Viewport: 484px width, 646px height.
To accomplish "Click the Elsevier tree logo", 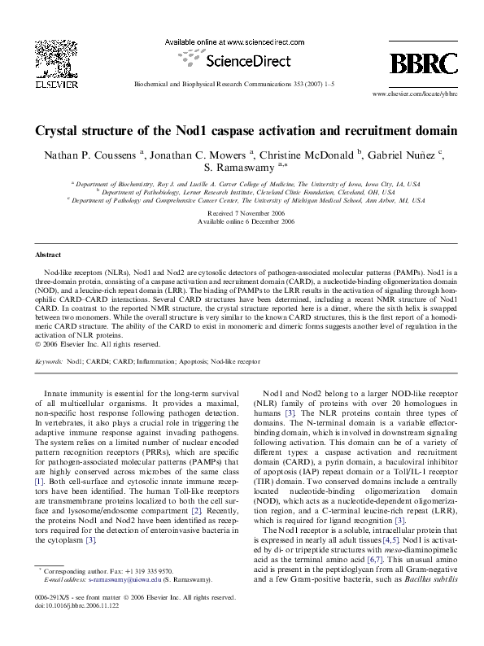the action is click(x=59, y=58).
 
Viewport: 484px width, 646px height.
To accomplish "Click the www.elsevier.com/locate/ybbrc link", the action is click(x=409, y=94).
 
